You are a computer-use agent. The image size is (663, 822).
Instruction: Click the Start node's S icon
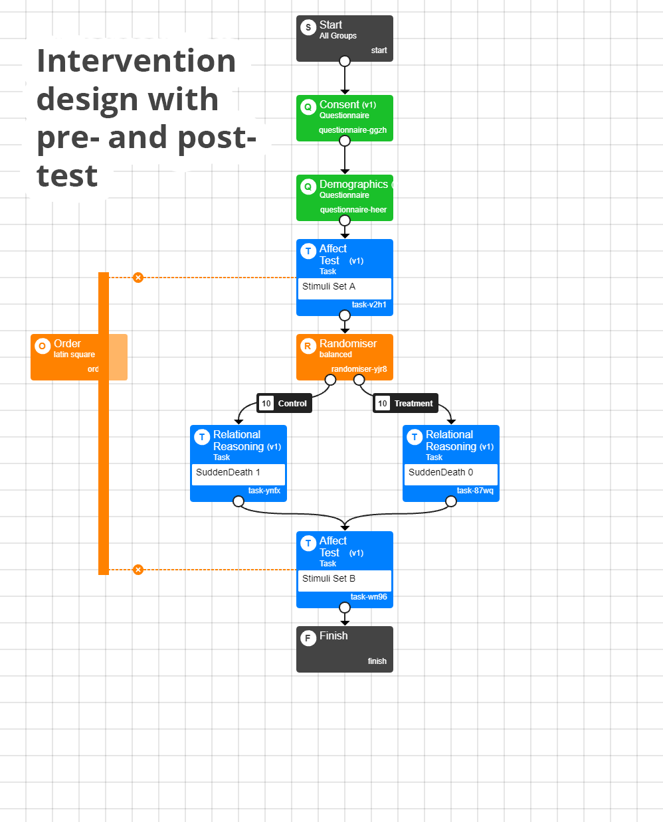(308, 27)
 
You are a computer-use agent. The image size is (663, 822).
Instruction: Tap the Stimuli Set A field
(344, 287)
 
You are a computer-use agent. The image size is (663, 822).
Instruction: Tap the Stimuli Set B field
(344, 579)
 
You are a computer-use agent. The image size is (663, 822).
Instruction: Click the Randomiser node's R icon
(308, 346)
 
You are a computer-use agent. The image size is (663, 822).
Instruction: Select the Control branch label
(284, 403)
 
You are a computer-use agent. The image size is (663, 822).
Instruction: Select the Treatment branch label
(405, 403)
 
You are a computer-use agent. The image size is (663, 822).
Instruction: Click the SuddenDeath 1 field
(238, 473)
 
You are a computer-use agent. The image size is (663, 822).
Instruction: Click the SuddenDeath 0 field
(450, 473)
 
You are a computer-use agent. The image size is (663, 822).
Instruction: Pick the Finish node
(344, 649)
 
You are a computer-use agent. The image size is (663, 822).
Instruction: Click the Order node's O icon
(43, 346)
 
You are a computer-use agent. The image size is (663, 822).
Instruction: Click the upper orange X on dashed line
(138, 278)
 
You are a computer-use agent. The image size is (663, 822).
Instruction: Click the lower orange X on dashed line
(138, 570)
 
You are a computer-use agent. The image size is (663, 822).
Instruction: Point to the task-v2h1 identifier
(369, 305)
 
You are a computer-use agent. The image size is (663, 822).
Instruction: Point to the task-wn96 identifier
(369, 597)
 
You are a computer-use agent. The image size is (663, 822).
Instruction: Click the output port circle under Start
(345, 61)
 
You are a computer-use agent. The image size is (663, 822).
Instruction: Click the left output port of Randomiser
(330, 380)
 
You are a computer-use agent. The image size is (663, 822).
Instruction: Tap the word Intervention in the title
(136, 61)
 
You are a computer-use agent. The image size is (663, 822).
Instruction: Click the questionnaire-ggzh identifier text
(352, 130)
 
